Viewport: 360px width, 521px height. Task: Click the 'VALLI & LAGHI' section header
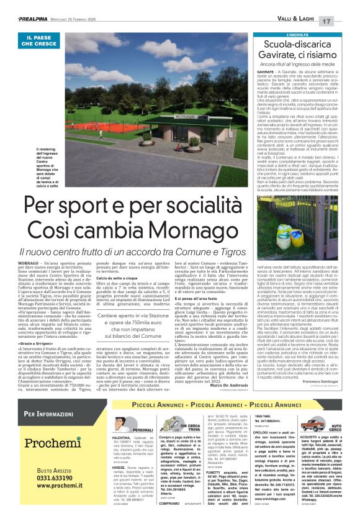(300, 21)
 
